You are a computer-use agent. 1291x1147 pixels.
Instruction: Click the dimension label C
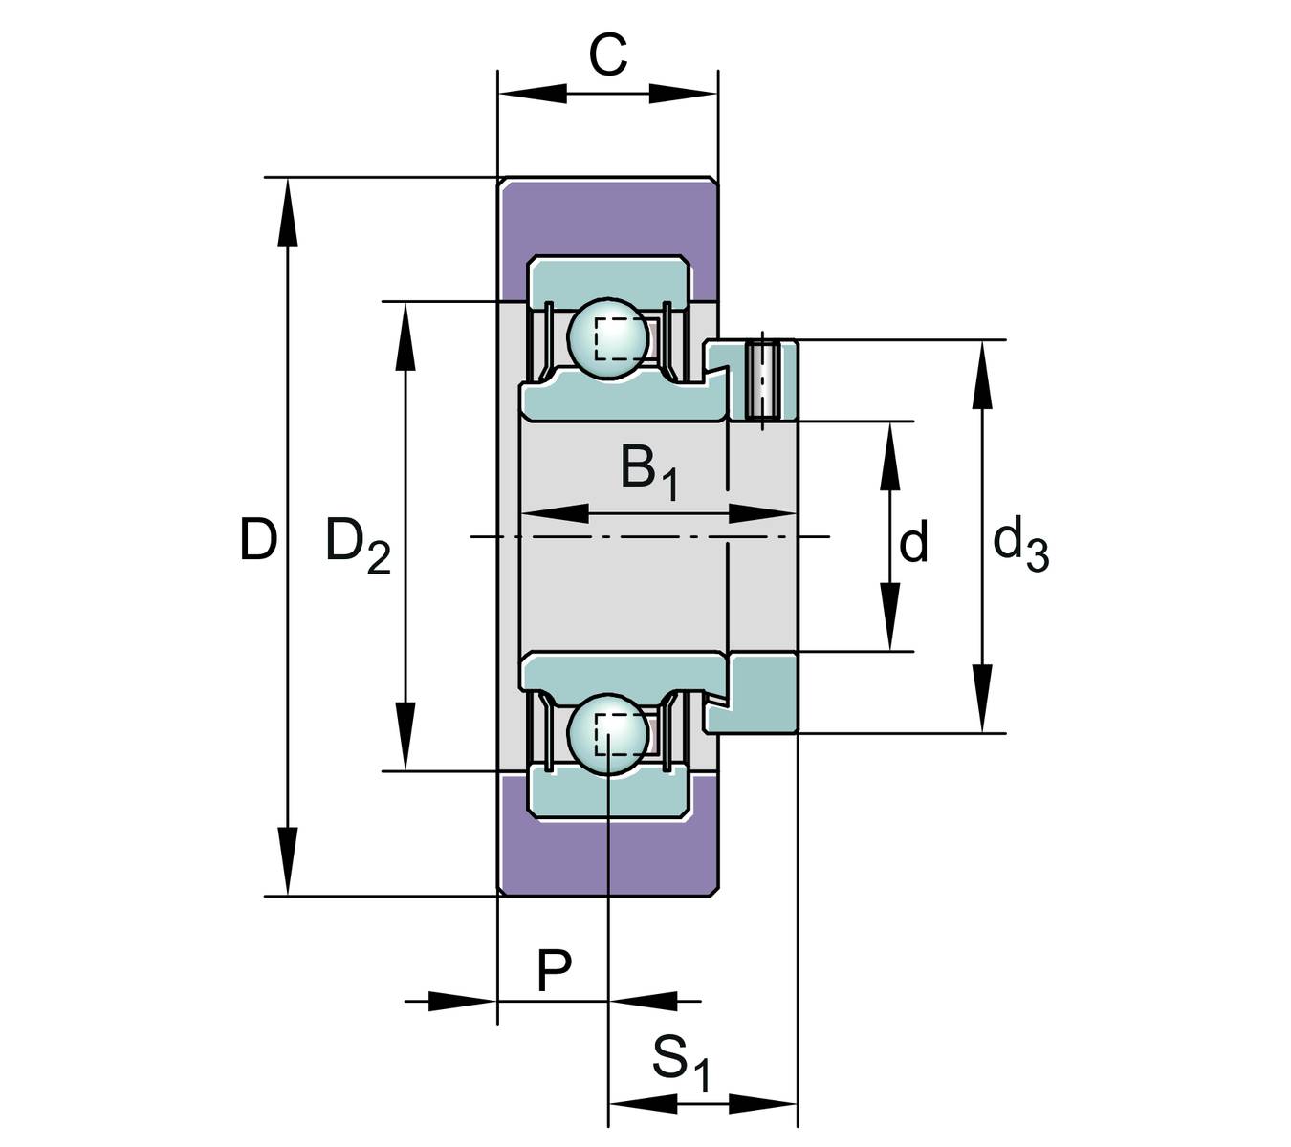pos(607,55)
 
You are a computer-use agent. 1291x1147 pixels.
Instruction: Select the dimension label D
pos(258,540)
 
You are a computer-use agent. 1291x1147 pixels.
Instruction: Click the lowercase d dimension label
pos(914,543)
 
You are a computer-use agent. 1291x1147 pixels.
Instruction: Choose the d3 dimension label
pos(1020,543)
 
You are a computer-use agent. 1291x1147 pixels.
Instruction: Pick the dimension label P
pos(554,971)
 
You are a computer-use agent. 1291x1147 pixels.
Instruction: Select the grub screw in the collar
pos(762,380)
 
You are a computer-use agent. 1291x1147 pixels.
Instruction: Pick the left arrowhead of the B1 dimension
pos(555,513)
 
